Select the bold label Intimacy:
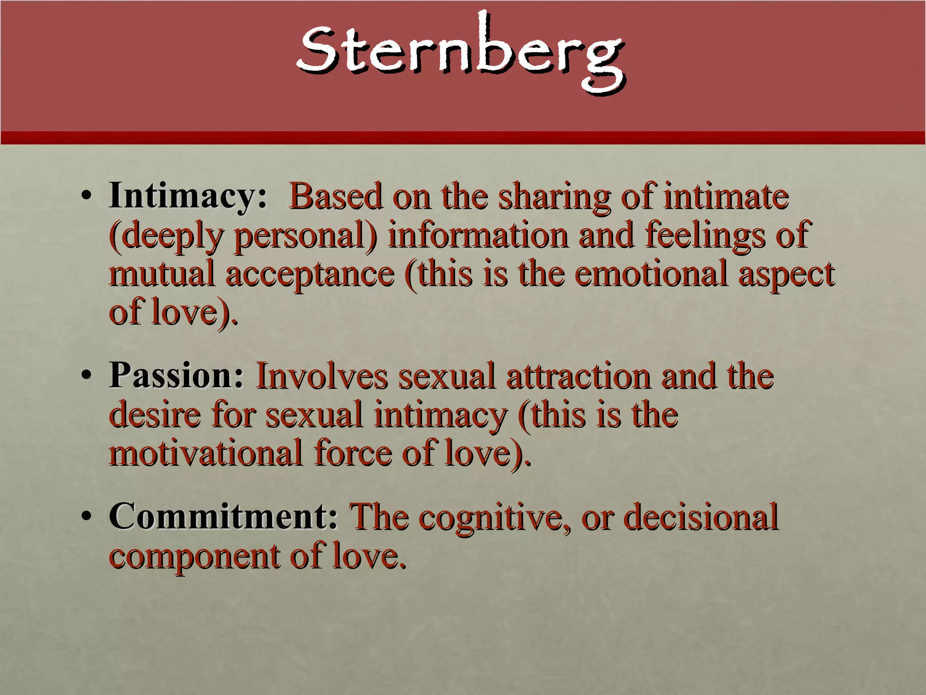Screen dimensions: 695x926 tap(188, 196)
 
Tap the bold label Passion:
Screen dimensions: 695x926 tap(176, 376)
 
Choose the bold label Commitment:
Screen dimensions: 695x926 tap(223, 517)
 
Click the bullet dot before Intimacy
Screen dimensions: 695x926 tap(86, 198)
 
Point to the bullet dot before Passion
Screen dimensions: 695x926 tap(86, 377)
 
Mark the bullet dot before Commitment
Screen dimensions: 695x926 tap(86, 518)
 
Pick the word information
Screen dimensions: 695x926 tap(477, 235)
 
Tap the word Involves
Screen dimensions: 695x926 tap(321, 376)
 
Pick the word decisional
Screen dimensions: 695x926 tap(701, 517)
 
